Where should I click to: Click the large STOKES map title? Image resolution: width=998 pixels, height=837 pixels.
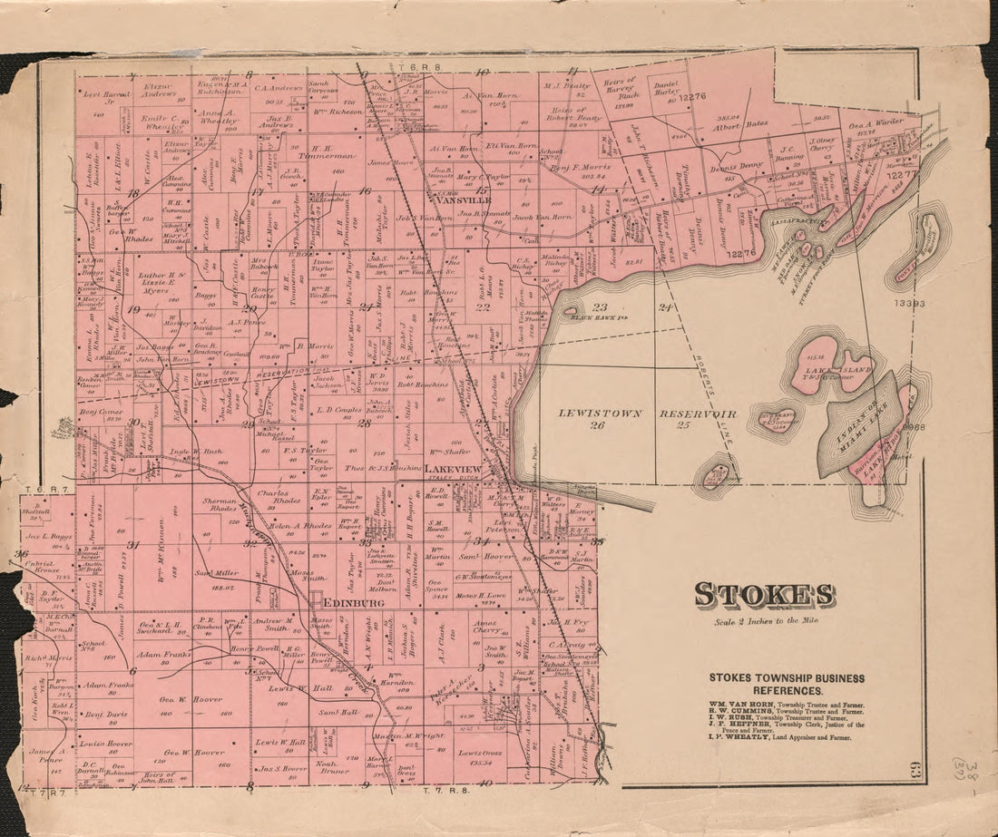(x=765, y=595)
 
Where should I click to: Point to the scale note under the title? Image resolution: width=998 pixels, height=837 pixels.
(x=765, y=621)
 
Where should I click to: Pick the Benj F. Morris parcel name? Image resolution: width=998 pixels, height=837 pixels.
(x=580, y=167)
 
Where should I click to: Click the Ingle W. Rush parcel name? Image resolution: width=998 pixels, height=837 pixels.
(x=196, y=451)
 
